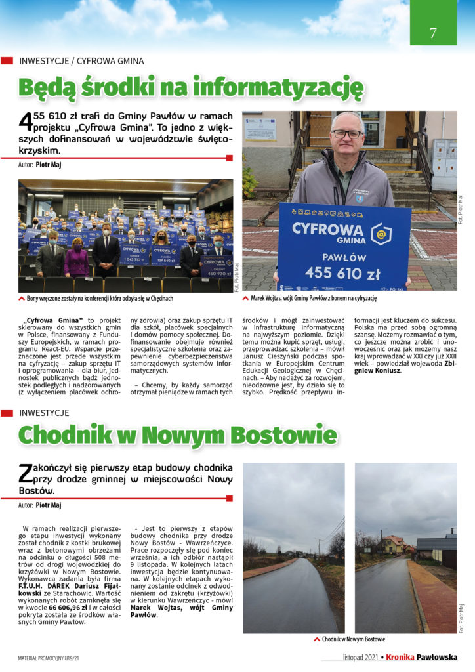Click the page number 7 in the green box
click(x=433, y=33)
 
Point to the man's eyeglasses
click(x=346, y=134)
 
